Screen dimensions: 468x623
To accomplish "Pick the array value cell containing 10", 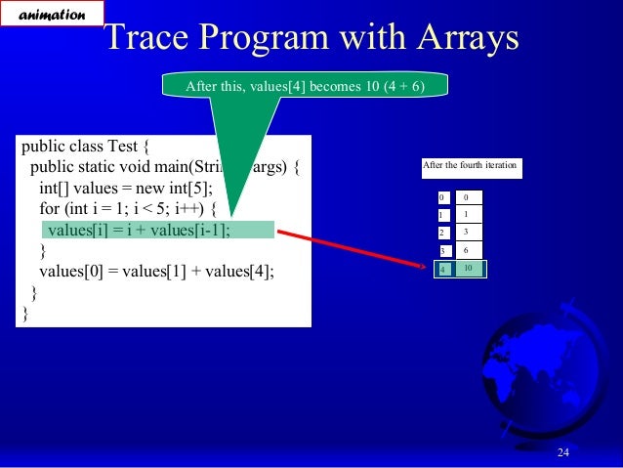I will point(469,268).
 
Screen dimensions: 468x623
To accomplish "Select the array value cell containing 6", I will point(468,250).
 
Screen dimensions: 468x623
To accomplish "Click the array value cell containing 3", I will point(468,232).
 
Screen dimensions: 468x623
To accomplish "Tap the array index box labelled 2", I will point(442,233).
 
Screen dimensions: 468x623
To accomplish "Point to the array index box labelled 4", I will point(443,269).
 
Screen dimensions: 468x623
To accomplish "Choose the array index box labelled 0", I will point(442,196).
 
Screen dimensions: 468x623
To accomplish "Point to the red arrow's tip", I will point(431,264).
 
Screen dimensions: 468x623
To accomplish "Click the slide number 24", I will point(562,450).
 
